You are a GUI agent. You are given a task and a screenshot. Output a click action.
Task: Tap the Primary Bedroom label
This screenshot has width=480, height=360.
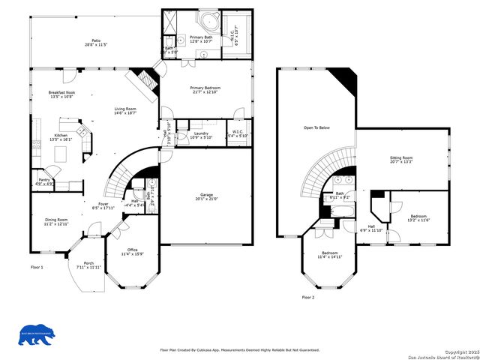point(204,87)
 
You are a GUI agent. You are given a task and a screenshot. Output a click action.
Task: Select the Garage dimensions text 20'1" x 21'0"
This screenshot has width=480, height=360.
point(206,199)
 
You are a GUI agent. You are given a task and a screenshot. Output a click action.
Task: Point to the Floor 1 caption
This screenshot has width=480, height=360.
point(37,267)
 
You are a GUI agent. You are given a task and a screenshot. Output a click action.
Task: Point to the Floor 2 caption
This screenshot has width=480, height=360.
point(308,297)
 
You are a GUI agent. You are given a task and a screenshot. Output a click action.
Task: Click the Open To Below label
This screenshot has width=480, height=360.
point(316,127)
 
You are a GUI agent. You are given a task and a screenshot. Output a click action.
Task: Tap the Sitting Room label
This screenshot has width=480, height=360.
point(401,157)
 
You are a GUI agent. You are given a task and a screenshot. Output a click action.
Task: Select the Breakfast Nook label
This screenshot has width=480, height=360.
point(61,92)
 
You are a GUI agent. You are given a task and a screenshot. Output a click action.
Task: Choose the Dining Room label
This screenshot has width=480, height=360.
point(56,220)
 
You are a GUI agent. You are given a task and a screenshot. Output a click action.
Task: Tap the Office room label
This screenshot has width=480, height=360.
point(131,250)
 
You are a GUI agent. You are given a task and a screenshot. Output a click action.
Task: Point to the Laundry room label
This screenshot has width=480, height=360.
point(201,133)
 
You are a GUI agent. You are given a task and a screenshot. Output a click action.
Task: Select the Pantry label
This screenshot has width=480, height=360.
point(44,180)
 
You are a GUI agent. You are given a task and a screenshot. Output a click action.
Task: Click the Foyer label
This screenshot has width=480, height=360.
point(104,204)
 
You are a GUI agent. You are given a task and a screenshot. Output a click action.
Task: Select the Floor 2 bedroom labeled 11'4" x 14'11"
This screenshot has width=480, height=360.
point(330,253)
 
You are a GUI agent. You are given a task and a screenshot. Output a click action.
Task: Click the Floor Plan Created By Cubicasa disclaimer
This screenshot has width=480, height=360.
point(239,350)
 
